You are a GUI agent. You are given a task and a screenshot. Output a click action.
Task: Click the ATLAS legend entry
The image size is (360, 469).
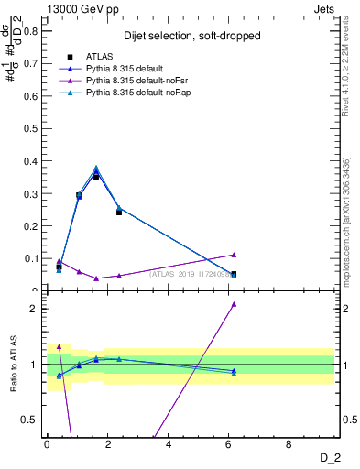pyautogui.click(x=99, y=57)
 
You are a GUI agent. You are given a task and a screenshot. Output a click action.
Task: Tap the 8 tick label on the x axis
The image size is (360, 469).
pyautogui.click(x=289, y=444)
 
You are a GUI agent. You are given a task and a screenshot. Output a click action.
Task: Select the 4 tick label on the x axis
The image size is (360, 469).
pyautogui.click(x=169, y=444)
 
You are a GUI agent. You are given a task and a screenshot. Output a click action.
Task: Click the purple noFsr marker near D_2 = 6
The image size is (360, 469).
pyautogui.click(x=234, y=255)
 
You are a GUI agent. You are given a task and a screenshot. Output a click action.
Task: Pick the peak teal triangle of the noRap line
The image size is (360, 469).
pyautogui.click(x=96, y=168)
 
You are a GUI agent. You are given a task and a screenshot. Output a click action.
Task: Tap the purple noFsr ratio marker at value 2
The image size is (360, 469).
pyautogui.click(x=234, y=304)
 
